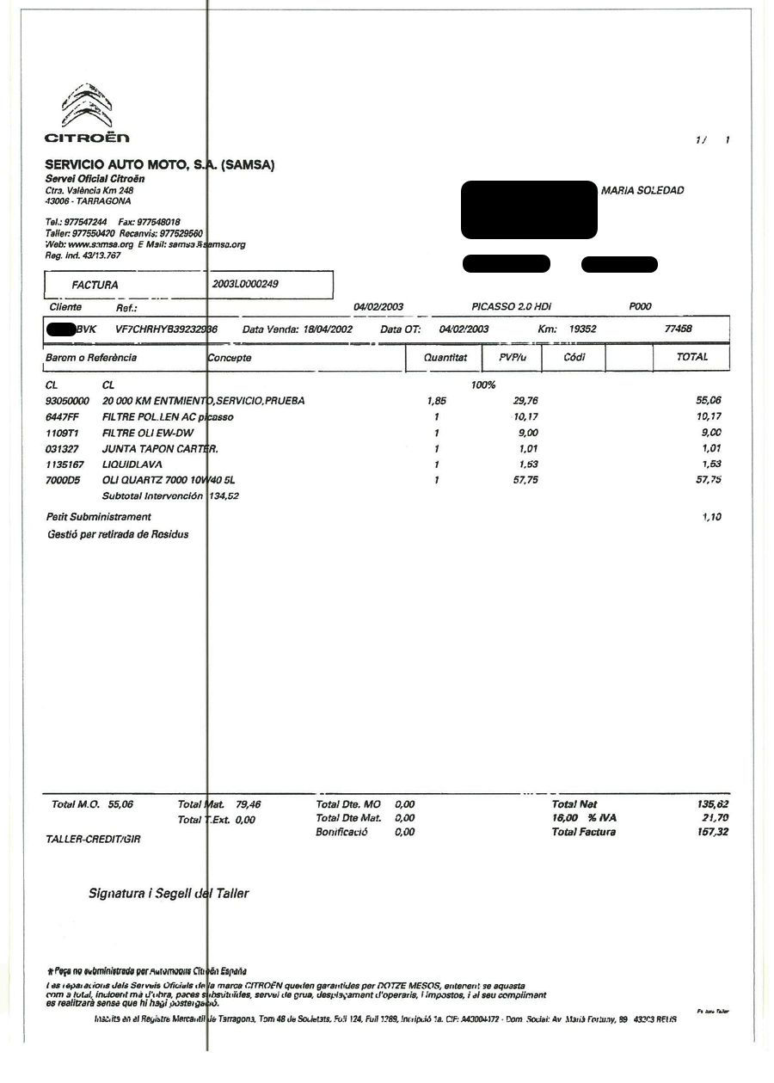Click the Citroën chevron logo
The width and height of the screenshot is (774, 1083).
click(x=87, y=107)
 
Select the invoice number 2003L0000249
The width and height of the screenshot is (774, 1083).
click(x=245, y=283)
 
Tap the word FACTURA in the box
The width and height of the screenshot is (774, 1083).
click(x=95, y=285)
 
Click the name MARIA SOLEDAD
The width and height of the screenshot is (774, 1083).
click(x=642, y=190)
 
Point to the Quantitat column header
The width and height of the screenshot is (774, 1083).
click(x=445, y=357)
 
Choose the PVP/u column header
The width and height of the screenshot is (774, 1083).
click(x=512, y=357)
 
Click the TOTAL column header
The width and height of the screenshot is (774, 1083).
click(x=691, y=357)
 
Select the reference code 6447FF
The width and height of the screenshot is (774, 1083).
click(x=62, y=417)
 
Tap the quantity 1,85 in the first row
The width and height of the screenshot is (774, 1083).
click(x=436, y=401)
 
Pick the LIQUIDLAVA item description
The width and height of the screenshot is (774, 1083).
click(x=132, y=465)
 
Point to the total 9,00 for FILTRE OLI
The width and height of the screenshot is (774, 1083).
click(x=710, y=433)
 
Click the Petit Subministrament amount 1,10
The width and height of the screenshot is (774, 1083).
click(x=711, y=517)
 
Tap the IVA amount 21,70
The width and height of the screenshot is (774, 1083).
click(x=715, y=818)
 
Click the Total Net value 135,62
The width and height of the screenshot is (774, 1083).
click(x=712, y=804)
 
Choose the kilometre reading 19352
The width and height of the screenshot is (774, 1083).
click(x=582, y=329)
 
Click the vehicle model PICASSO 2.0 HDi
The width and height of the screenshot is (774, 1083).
click(x=511, y=307)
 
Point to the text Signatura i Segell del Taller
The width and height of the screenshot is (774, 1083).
click(x=169, y=894)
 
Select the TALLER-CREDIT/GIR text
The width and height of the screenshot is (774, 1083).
click(x=93, y=839)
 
